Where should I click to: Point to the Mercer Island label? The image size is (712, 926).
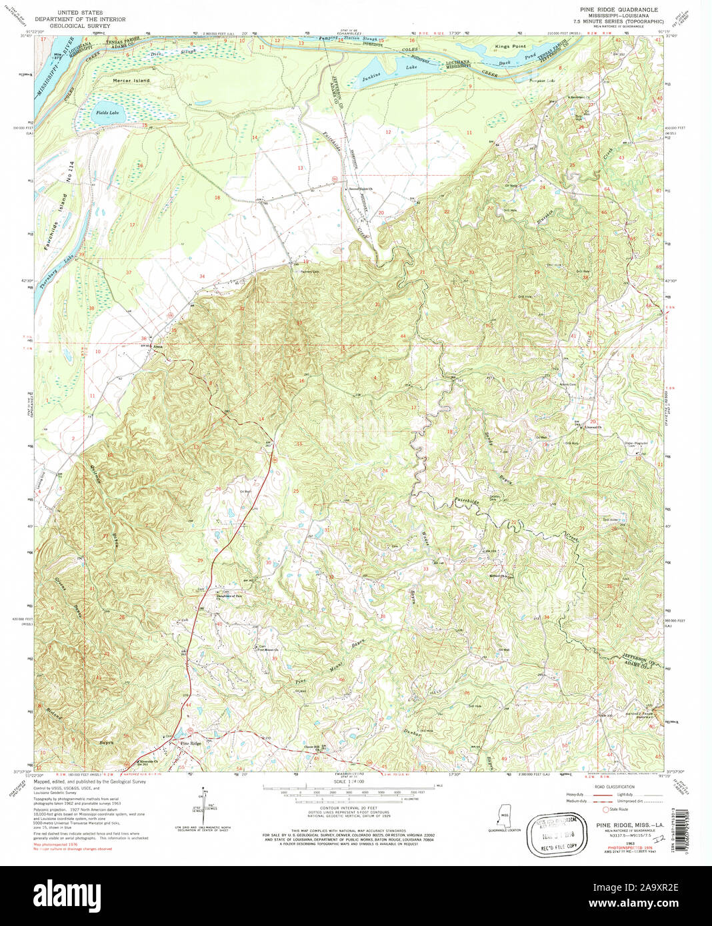[131, 81]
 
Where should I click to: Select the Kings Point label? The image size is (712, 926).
[510, 47]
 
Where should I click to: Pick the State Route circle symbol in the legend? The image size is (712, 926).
[605, 809]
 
